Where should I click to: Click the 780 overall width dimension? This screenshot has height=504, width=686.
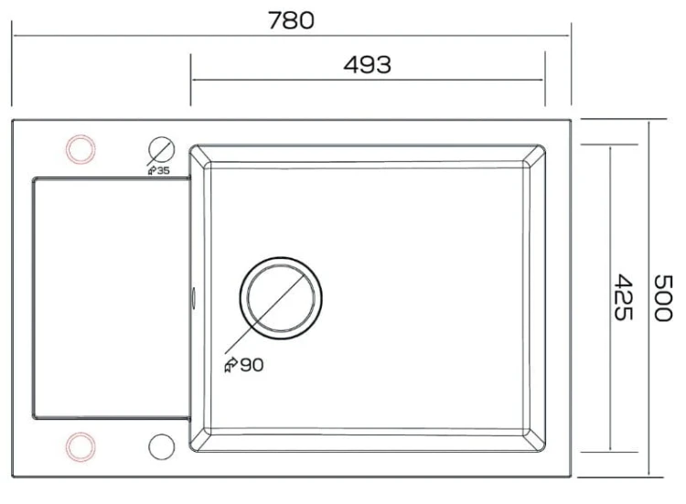[291, 20]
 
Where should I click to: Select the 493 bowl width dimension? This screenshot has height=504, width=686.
[367, 65]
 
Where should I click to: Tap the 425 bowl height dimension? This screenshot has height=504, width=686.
[623, 297]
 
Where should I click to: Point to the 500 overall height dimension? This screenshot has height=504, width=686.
[662, 298]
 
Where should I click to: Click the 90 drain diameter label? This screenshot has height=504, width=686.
[252, 365]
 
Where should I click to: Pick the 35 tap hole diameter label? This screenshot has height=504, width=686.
[163, 171]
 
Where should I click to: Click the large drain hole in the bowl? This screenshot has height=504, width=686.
[281, 298]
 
